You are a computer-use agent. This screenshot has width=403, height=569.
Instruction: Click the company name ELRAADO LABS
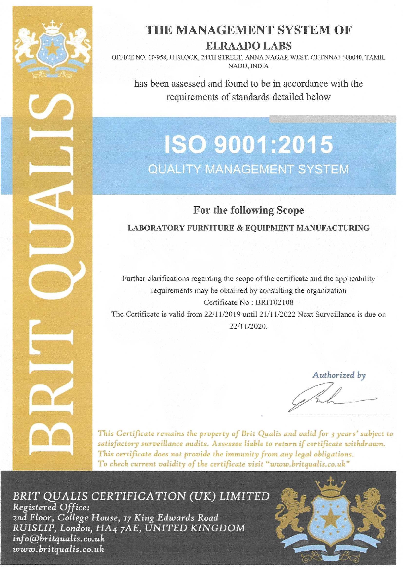[x=249, y=46]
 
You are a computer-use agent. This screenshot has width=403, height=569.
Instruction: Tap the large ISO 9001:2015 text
[x=249, y=145]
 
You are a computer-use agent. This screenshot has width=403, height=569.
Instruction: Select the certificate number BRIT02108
[x=275, y=302]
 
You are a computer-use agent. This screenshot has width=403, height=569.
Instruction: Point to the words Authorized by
[x=339, y=375]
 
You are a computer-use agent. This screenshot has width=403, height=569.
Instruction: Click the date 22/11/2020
[x=249, y=326]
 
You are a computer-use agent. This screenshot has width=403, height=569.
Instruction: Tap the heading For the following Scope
[x=249, y=210]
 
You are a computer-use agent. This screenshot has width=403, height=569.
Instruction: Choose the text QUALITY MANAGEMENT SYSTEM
[x=249, y=169]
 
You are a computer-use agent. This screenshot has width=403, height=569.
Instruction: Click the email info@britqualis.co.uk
[x=58, y=539]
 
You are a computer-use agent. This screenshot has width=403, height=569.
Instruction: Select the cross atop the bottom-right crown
[x=331, y=481]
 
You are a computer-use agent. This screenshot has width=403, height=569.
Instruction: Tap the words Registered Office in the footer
[x=50, y=506]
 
